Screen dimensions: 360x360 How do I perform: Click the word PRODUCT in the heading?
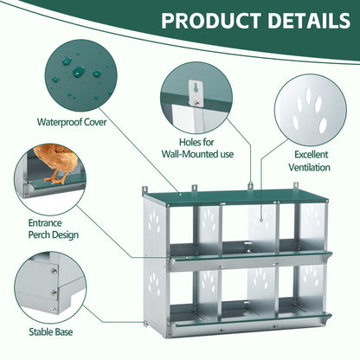tap(211, 21)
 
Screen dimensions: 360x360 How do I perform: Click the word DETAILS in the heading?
tap(309, 21)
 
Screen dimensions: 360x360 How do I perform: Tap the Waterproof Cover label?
tap(72, 122)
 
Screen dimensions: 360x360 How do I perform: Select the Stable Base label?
tap(51, 331)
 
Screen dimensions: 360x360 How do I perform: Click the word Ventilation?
tap(309, 167)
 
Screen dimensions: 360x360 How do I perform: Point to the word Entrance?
tap(45, 222)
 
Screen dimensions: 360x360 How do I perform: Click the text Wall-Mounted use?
tap(197, 154)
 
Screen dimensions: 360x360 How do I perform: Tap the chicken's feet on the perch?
tap(58, 177)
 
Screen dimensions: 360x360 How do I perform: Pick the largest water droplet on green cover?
tap(79, 72)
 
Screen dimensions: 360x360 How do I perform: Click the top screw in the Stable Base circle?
tap(54, 271)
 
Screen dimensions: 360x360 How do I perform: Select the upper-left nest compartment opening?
tap(182, 228)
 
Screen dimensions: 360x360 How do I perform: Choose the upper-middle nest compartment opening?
tap(236, 228)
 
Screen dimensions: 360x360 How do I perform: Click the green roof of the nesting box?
tap(235, 196)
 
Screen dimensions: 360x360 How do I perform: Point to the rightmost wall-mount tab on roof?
tap(296, 186)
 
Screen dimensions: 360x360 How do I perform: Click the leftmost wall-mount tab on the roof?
tap(145, 190)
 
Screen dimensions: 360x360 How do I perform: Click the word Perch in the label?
tap(38, 235)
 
